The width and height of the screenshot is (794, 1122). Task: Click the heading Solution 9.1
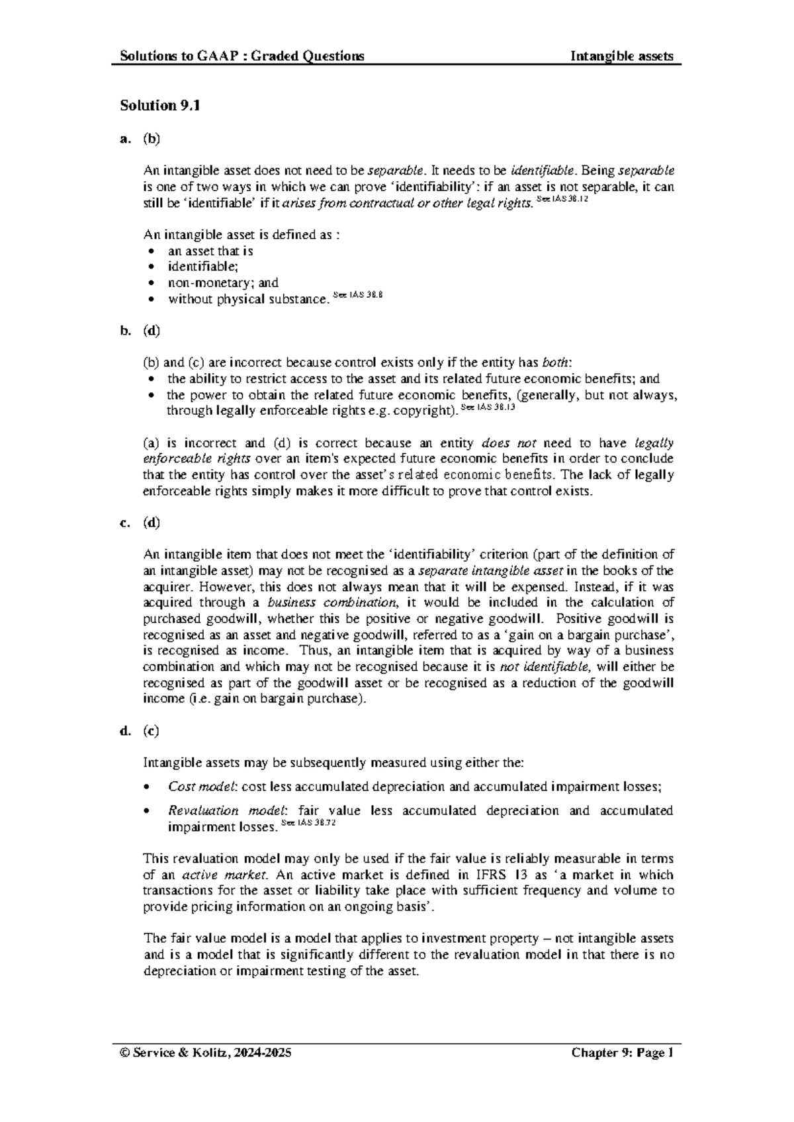point(159,105)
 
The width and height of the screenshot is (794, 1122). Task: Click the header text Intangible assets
point(622,56)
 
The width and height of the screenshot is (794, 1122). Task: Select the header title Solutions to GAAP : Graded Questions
point(242,56)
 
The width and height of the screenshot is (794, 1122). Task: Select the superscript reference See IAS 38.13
point(487,408)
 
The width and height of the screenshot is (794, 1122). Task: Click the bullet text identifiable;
point(202,267)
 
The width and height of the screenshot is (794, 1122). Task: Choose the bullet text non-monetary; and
point(223,282)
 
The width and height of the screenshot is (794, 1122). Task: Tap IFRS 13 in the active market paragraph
point(491,875)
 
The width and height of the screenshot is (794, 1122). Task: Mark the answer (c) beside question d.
point(151,731)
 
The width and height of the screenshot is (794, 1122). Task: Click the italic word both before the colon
point(554,363)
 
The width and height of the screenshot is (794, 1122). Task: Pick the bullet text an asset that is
point(210,251)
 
